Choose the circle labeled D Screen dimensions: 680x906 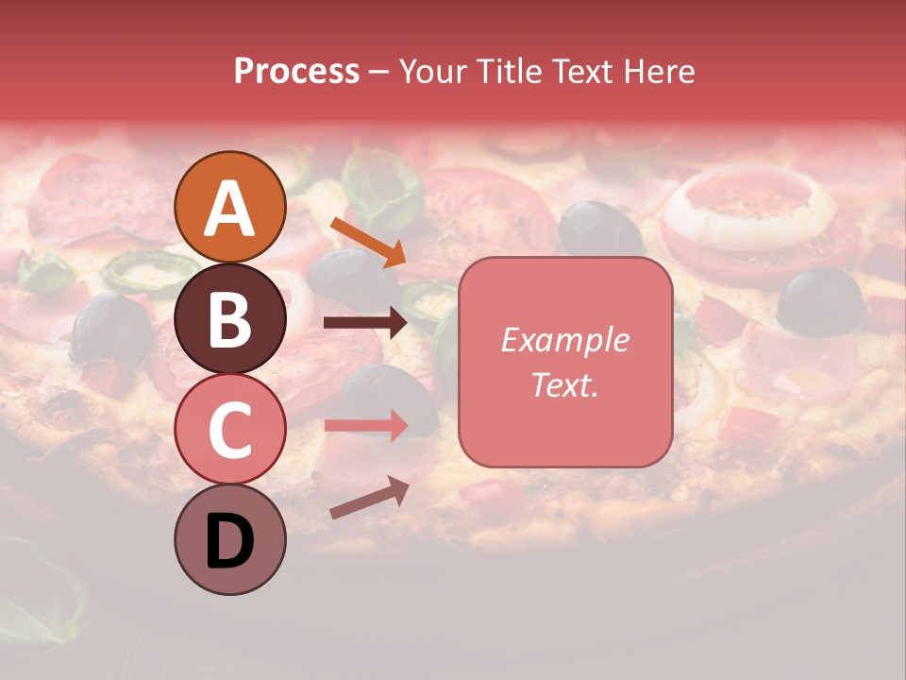pos(229,539)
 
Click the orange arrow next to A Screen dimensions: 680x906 pos(368,242)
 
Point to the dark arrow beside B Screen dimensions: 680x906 pos(365,323)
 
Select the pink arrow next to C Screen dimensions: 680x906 pos(365,425)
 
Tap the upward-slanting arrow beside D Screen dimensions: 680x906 pos(369,498)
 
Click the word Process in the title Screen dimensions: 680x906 pos(296,72)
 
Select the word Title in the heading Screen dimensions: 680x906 pos(510,72)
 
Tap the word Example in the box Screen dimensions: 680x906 pos(565,340)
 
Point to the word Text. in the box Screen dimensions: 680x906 pos(565,384)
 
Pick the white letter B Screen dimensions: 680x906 pos(229,319)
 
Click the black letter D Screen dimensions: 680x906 pos(229,543)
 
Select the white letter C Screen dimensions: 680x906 pos(229,430)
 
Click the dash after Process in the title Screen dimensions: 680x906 pos(379,73)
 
